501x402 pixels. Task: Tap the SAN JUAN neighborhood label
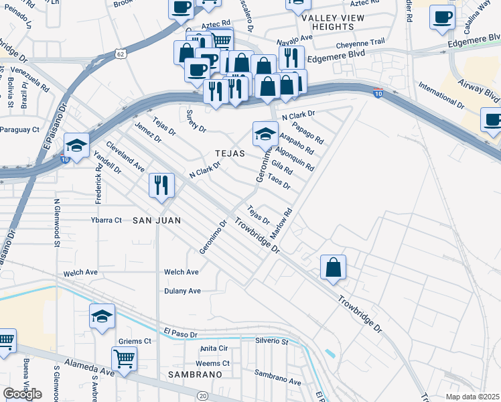point(157,220)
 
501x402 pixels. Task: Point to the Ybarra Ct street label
point(106,220)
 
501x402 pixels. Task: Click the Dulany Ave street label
point(182,291)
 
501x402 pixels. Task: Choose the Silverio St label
point(271,341)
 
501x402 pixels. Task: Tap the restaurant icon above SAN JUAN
point(161,185)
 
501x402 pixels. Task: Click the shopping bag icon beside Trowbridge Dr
point(333,267)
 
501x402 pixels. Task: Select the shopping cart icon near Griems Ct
point(124,358)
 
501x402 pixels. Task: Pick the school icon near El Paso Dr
point(102,316)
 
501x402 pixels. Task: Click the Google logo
point(22,393)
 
